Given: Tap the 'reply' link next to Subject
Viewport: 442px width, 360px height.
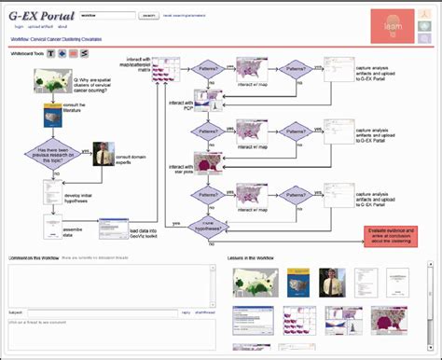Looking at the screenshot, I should (x=186, y=312).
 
